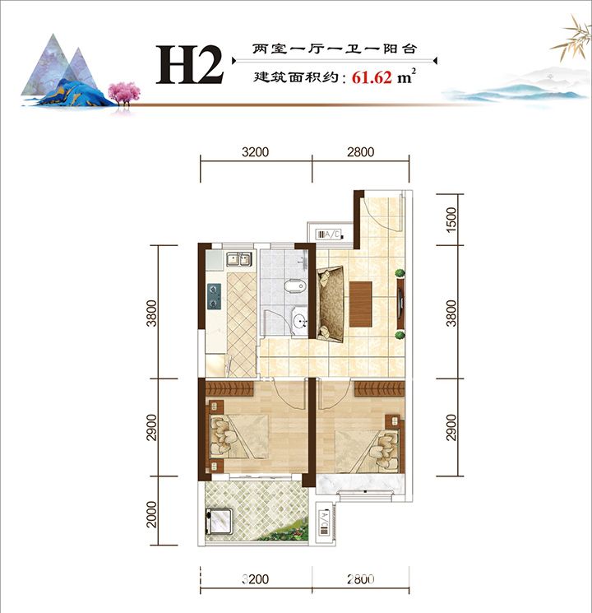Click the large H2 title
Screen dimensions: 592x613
190,64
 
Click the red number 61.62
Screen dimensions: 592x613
372,77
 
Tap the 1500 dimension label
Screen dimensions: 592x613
451,220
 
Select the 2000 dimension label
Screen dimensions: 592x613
151,514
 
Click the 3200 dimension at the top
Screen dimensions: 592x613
255,151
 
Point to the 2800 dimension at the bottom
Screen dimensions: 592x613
361,579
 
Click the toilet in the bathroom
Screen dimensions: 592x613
294,286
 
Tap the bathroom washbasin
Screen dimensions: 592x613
300,322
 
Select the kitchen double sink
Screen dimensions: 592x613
238,259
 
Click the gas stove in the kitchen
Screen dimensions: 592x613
214,296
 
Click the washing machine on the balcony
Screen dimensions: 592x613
220,521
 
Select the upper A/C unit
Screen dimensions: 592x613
330,235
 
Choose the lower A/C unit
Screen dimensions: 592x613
325,523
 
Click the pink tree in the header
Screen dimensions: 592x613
124,93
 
